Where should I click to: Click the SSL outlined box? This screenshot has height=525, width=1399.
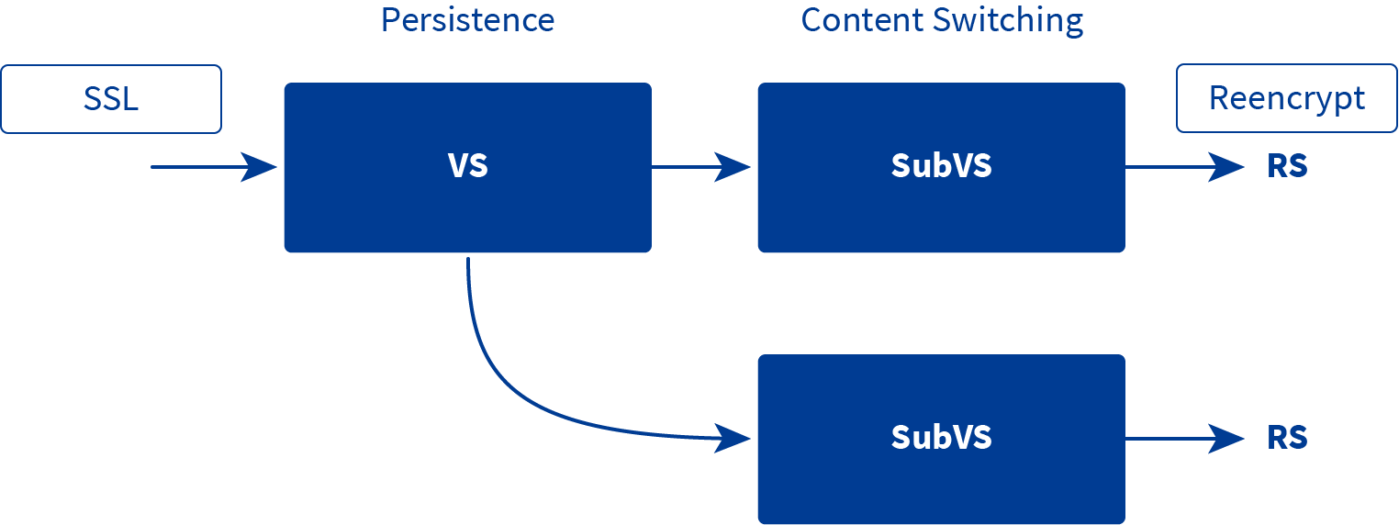[x=111, y=99]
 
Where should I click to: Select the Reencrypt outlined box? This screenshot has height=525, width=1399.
[x=1287, y=98]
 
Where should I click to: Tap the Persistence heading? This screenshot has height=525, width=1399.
[x=468, y=20]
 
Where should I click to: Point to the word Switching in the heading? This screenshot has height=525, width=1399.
[x=1008, y=21]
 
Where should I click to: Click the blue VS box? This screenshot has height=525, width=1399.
[x=468, y=167]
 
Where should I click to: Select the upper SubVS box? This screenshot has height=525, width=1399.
[x=941, y=167]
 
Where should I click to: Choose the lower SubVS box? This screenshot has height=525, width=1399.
[x=941, y=439]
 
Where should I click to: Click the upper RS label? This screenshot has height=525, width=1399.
[x=1287, y=166]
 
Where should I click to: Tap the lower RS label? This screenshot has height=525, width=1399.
[x=1287, y=438]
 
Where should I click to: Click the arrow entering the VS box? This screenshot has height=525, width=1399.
[x=214, y=167]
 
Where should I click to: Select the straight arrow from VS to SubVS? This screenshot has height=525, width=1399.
[x=700, y=167]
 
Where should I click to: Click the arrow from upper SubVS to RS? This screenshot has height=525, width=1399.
[x=1185, y=167]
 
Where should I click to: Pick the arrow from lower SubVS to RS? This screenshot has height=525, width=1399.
[x=1185, y=439]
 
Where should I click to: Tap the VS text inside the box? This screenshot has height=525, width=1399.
[x=468, y=166]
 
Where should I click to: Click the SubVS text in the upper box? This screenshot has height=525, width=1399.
[x=941, y=166]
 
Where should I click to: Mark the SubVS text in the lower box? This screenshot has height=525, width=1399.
[x=941, y=438]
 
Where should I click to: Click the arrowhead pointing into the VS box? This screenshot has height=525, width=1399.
[x=259, y=167]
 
